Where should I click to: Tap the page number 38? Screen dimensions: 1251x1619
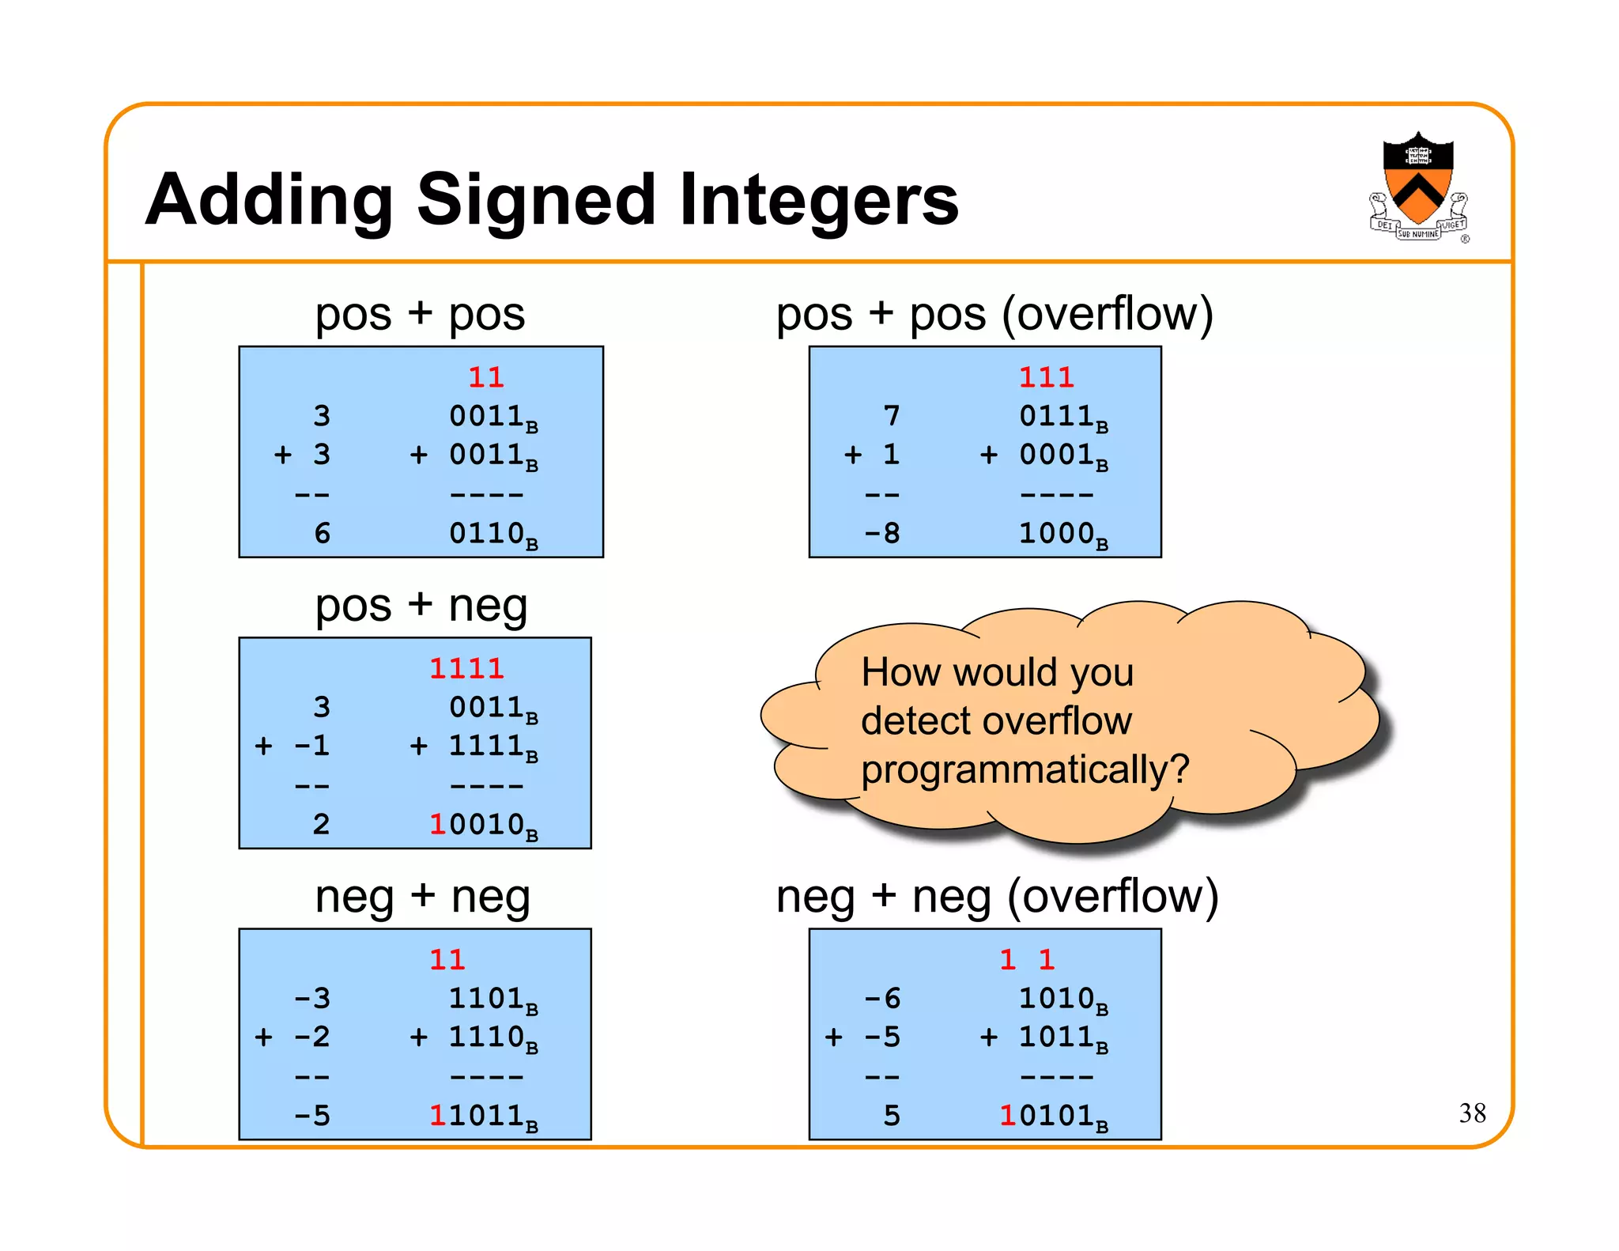(1472, 1113)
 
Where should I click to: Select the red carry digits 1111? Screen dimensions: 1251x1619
(466, 669)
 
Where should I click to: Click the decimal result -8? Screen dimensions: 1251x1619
(881, 533)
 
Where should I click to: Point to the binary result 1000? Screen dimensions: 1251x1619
(1055, 533)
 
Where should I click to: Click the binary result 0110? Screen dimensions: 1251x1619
(486, 533)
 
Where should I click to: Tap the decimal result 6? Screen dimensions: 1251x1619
(322, 533)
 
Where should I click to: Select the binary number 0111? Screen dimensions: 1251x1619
(1055, 415)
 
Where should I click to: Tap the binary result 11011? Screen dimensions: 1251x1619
(476, 1116)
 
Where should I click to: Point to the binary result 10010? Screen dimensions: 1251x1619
(476, 824)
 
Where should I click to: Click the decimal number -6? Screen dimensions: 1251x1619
(881, 998)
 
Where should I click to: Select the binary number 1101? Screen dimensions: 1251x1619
(485, 998)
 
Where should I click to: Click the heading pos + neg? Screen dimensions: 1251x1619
(421, 606)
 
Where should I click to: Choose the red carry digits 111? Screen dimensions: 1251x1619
(1046, 377)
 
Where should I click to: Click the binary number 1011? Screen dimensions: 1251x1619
(1055, 1037)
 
